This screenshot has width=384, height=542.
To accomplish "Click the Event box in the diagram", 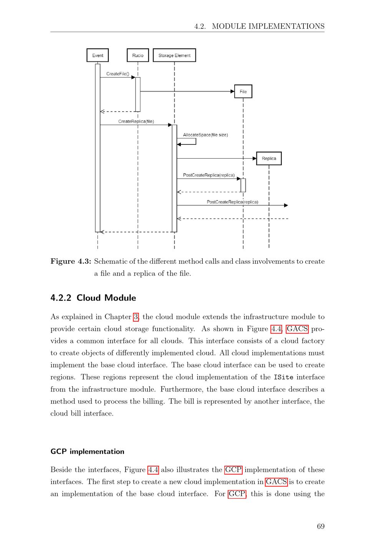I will pyautogui.click(x=98, y=55).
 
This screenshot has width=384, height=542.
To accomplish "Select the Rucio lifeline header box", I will pyautogui.click(x=138, y=55).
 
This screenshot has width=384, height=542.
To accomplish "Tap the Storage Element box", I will pyautogui.click(x=174, y=55).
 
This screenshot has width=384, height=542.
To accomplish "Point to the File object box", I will pyautogui.click(x=243, y=92).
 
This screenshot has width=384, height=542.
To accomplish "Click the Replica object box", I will pyautogui.click(x=269, y=158).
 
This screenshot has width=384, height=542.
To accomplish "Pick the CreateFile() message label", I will pyautogui.click(x=118, y=74).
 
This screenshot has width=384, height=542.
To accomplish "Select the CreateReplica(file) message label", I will pyautogui.click(x=136, y=122).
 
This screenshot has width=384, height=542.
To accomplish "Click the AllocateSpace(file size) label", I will pyautogui.click(x=205, y=135).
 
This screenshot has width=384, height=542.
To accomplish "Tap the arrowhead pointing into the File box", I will pyautogui.click(x=232, y=92).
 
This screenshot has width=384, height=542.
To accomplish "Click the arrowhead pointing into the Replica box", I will pyautogui.click(x=254, y=158).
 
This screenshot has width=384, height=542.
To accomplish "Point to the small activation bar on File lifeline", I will pyautogui.click(x=243, y=185).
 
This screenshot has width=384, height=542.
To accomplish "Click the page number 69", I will pyautogui.click(x=321, y=526).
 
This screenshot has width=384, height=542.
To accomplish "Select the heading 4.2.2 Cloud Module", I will pyautogui.click(x=93, y=298).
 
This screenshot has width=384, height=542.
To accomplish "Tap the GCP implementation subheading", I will pyautogui.click(x=88, y=452).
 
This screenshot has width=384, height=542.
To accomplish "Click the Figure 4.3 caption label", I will pyautogui.click(x=71, y=261).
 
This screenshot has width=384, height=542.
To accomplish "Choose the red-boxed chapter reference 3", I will pyautogui.click(x=136, y=317).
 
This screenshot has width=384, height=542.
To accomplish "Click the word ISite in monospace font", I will pyautogui.click(x=283, y=377).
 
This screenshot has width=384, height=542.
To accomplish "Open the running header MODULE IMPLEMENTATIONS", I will pyautogui.click(x=268, y=26).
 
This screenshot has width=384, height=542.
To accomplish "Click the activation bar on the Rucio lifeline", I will pyautogui.click(x=138, y=94).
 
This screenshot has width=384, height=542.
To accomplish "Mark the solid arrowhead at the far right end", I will pyautogui.click(x=286, y=205).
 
